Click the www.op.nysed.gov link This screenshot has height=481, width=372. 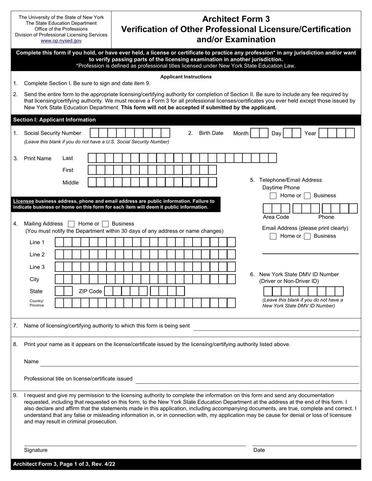click(61, 41)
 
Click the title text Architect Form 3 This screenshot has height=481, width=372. click(236, 19)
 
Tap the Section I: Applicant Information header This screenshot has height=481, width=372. click(54, 120)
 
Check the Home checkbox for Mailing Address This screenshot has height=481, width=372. click(71, 224)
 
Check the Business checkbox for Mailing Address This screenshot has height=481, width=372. click(105, 224)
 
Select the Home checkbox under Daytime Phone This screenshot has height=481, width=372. click(273, 196)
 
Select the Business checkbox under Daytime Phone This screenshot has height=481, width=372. click(307, 196)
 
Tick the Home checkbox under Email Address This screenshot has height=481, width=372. click(273, 236)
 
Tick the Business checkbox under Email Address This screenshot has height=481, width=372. click(307, 236)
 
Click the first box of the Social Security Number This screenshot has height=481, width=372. click(94, 133)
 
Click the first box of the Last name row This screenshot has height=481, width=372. click(92, 158)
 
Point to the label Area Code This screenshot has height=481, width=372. click(276, 217)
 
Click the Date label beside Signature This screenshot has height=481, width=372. click(259, 450)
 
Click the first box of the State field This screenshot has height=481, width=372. click(60, 291)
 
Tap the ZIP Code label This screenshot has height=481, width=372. click(90, 291)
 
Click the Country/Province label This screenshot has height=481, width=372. click(37, 303)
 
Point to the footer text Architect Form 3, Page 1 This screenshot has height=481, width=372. click(64, 464)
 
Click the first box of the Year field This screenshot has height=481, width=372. click(323, 133)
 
